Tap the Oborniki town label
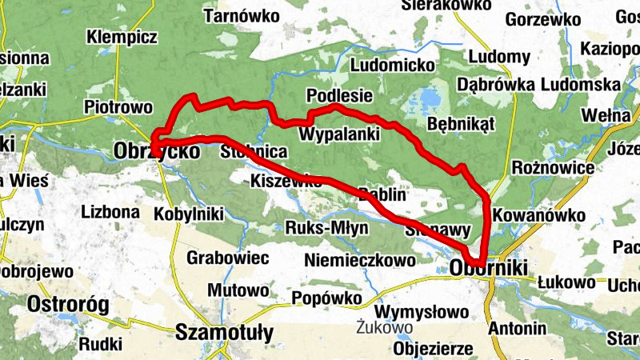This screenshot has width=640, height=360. (x=489, y=269)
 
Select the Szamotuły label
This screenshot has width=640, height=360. (x=224, y=332)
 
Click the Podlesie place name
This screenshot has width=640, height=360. (x=340, y=96)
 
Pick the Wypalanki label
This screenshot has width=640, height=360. (x=338, y=134)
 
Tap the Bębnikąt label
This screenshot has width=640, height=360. (x=462, y=124)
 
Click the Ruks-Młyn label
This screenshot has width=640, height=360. (x=326, y=229)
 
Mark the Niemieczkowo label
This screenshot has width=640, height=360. (x=360, y=260)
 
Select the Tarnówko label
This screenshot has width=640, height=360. (x=242, y=15)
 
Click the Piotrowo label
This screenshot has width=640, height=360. (x=118, y=106)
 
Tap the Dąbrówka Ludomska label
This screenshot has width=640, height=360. (x=538, y=84)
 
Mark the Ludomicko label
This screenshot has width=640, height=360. (x=392, y=64)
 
